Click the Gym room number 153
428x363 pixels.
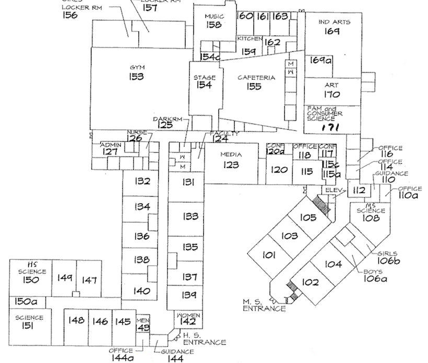[137, 77]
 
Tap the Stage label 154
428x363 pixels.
[204, 86]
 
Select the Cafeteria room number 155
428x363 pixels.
[254, 87]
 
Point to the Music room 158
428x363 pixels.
[213, 25]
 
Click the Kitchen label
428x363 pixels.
[249, 39]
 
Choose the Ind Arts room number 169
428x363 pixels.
[333, 31]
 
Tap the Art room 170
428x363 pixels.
[332, 95]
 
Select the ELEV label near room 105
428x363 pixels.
[332, 189]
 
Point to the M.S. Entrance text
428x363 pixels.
[264, 305]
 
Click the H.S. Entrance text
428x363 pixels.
[205, 339]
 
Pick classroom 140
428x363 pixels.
[142, 291]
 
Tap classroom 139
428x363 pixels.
[190, 296]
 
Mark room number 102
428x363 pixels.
[310, 282]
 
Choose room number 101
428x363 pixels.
[269, 255]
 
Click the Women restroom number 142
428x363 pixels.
[188, 322]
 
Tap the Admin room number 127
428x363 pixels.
[110, 152]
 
